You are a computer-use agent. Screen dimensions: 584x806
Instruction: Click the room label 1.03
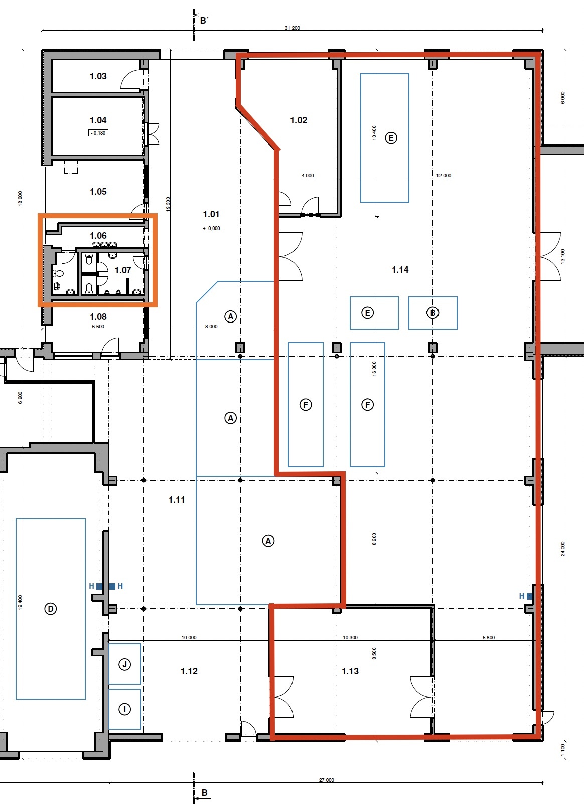[98, 76]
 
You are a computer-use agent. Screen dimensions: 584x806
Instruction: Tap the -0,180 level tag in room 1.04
[98, 133]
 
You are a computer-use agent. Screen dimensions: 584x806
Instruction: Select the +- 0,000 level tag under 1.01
[211, 228]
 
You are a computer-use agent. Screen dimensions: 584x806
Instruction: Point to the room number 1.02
[299, 120]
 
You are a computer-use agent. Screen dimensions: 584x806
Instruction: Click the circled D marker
[50, 609]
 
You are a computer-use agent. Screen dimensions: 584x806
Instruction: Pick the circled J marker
[125, 664]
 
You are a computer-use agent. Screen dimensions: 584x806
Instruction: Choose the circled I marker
[125, 709]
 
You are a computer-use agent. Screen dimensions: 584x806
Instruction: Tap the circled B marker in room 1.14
[433, 313]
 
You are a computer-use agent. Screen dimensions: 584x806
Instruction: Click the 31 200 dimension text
[292, 28]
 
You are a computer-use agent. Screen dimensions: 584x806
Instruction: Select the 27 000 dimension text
[326, 780]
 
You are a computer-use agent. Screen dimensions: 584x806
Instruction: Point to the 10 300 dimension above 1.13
[350, 637]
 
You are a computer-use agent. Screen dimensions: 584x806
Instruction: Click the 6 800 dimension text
[489, 637]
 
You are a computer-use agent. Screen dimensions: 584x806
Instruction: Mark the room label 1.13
[350, 671]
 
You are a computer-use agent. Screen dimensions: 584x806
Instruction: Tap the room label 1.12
[189, 671]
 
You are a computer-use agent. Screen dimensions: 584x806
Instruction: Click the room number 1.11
[176, 500]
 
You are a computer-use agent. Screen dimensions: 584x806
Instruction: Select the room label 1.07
[123, 270]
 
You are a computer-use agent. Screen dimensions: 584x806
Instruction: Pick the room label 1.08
[98, 317]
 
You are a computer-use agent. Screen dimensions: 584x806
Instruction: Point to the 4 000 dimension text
[308, 175]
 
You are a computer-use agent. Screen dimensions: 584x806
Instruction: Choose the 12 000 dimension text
[444, 175]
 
